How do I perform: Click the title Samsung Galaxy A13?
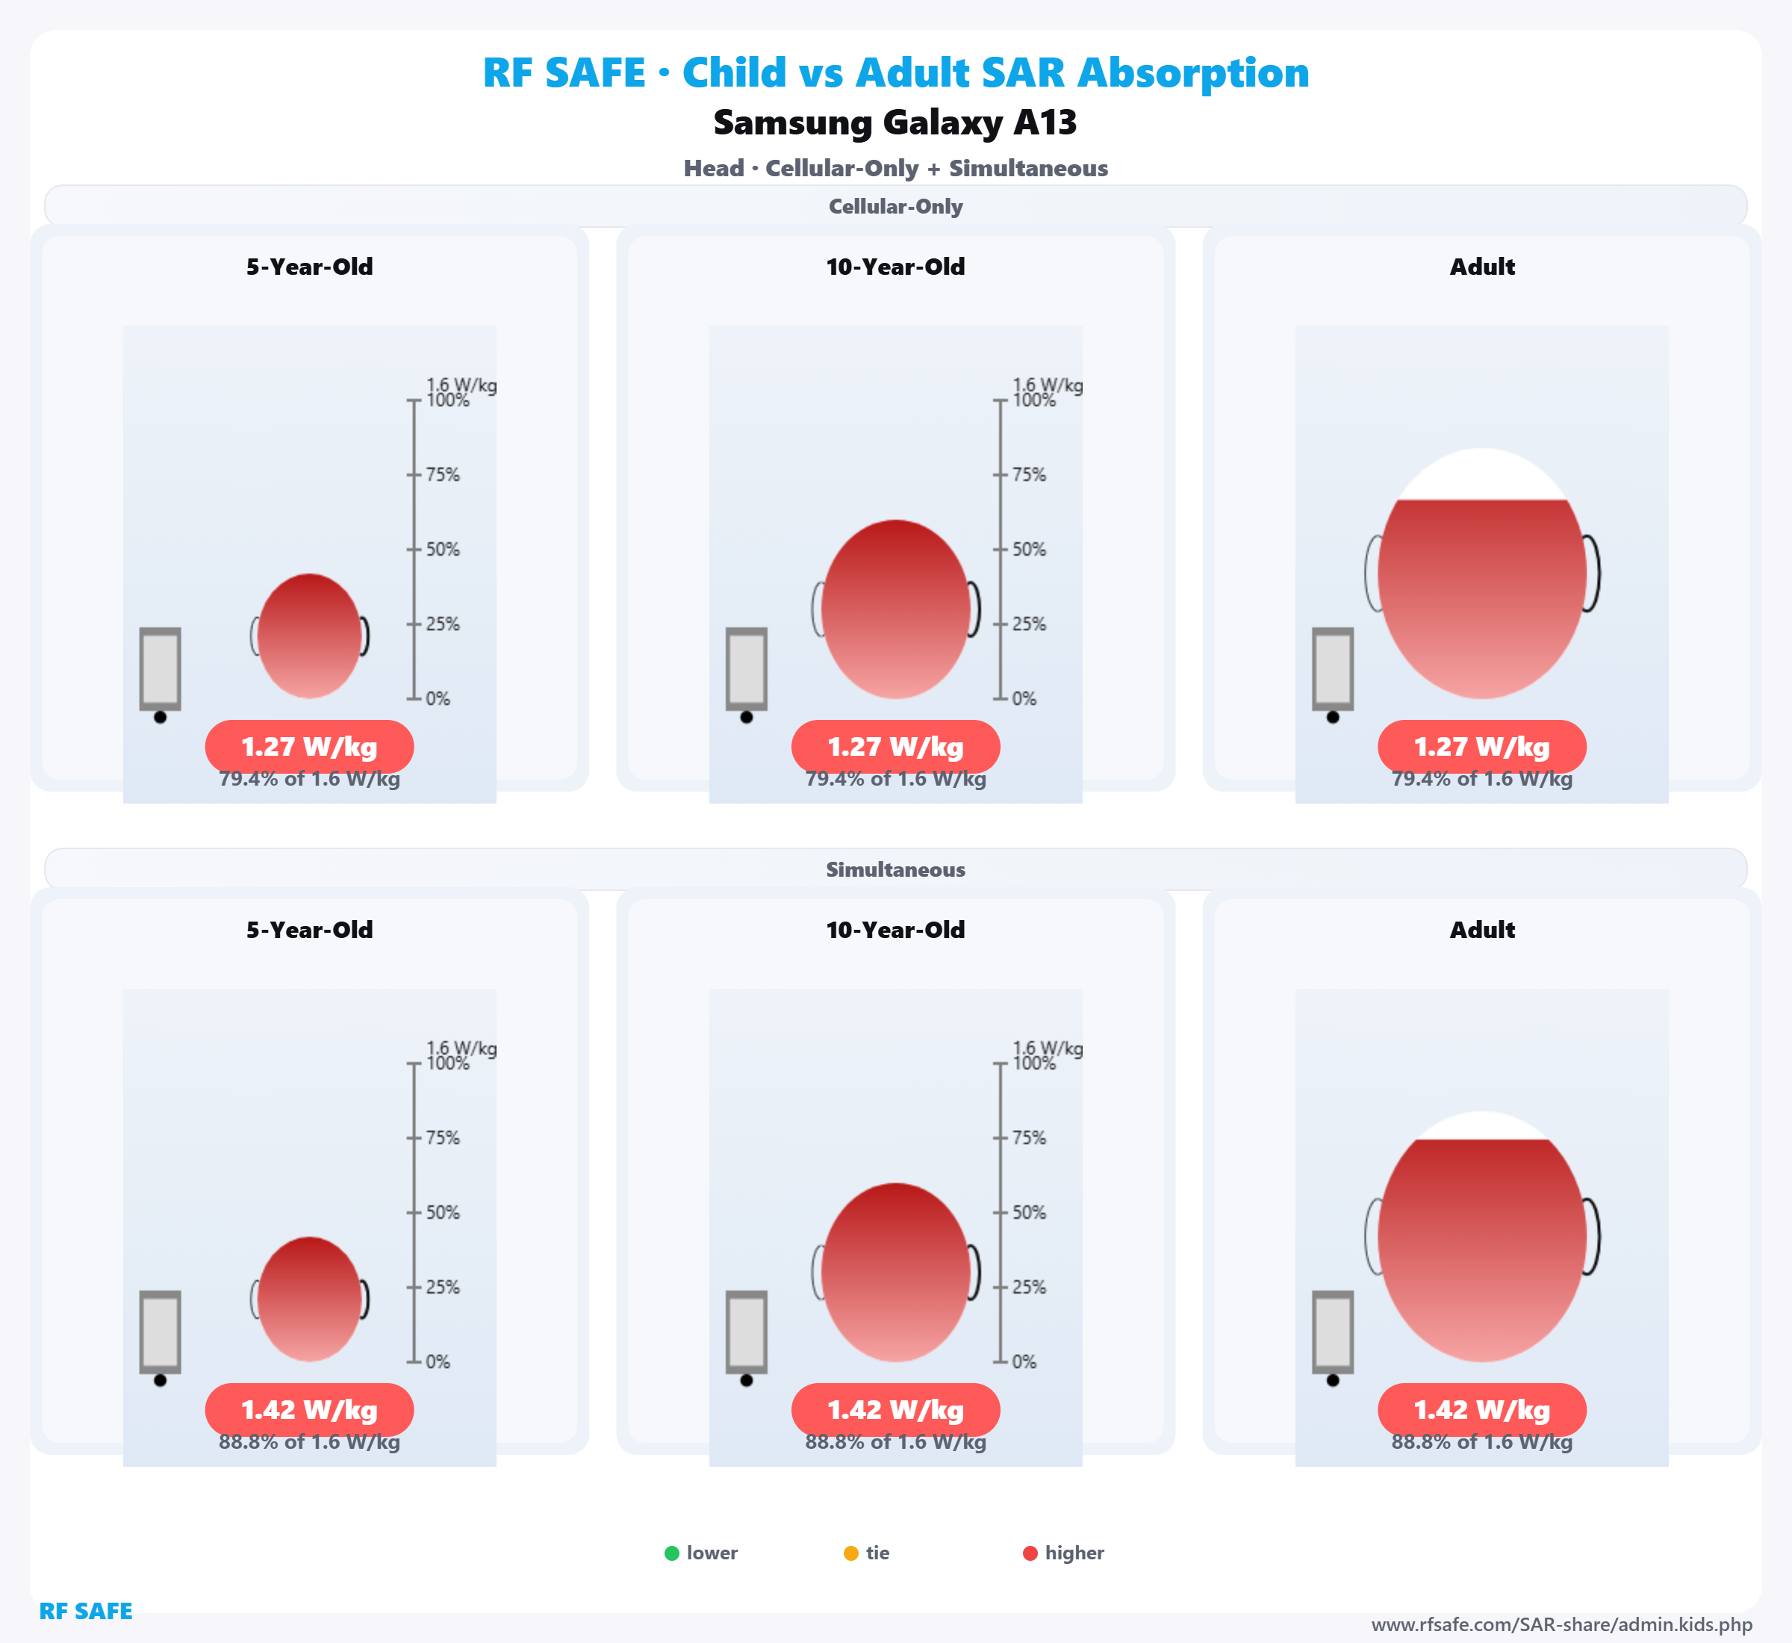pyautogui.click(x=895, y=122)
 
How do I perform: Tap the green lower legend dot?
pyautogui.click(x=672, y=1553)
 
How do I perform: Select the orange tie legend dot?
pyautogui.click(x=850, y=1553)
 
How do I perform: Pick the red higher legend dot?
pyautogui.click(x=1030, y=1553)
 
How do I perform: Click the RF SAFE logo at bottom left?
pyautogui.click(x=85, y=1611)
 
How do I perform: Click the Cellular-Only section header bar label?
pyautogui.click(x=895, y=206)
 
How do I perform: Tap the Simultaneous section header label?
pyautogui.click(x=895, y=869)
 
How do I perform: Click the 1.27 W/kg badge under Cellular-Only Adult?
pyautogui.click(x=1482, y=747)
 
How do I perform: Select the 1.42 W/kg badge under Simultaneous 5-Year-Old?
pyautogui.click(x=309, y=1410)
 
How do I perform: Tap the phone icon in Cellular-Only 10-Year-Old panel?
pyautogui.click(x=747, y=669)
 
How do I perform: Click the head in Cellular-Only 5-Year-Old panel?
pyautogui.click(x=309, y=636)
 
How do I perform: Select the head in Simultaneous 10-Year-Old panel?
pyautogui.click(x=895, y=1273)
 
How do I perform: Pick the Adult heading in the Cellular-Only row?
pyautogui.click(x=1482, y=267)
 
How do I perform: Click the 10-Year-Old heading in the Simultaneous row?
pyautogui.click(x=895, y=930)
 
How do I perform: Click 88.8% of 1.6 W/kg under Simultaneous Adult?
pyautogui.click(x=1482, y=1442)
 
